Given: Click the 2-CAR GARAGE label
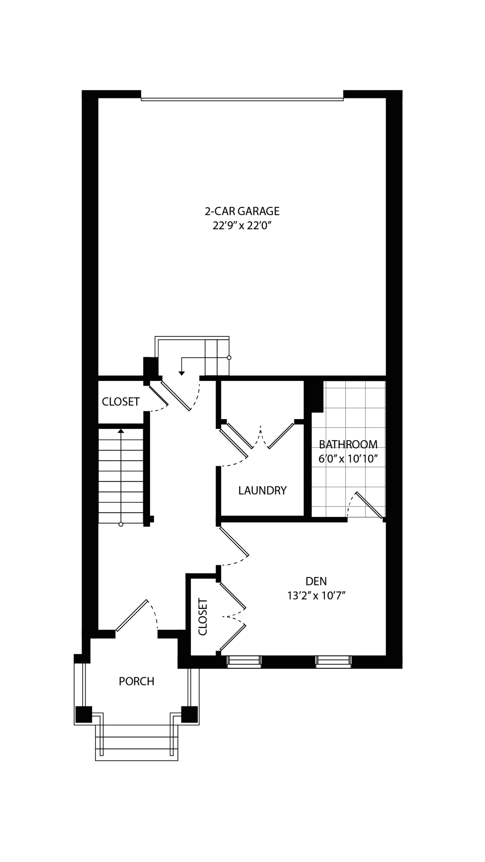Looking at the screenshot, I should (x=242, y=211).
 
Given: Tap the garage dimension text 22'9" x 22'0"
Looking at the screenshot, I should (x=241, y=226).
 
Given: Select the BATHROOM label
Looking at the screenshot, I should (x=348, y=444).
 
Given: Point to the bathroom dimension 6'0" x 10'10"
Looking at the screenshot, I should (x=348, y=459).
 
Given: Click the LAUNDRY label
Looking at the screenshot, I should (x=262, y=491).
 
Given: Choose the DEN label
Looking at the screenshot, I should (x=316, y=581).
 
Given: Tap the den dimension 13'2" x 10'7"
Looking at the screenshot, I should (x=316, y=596).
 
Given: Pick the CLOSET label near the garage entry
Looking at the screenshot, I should (x=121, y=401).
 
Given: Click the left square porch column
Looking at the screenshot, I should (x=84, y=714).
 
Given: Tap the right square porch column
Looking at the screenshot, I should (x=189, y=714).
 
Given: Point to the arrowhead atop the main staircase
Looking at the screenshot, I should (x=121, y=431).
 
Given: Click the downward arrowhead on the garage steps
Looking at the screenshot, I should (x=181, y=373).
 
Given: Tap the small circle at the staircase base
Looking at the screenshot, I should (x=121, y=524).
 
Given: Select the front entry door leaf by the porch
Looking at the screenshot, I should (x=132, y=615).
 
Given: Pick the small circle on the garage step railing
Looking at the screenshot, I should (x=229, y=358).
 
